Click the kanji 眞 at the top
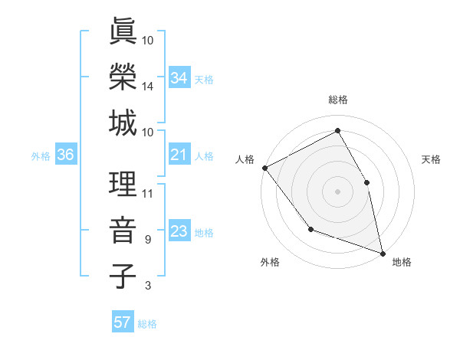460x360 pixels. click(x=122, y=31)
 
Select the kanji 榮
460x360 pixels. click(x=122, y=77)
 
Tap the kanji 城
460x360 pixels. click(x=122, y=123)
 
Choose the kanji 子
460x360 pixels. click(x=122, y=277)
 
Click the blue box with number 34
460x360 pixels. click(x=179, y=77)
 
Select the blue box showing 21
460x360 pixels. click(x=179, y=155)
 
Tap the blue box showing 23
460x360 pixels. click(x=179, y=231)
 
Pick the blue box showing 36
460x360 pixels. click(x=65, y=155)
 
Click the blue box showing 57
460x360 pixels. click(x=122, y=322)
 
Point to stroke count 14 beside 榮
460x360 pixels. click(x=148, y=87)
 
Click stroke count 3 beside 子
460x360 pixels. click(x=148, y=286)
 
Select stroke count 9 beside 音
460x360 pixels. click(x=148, y=240)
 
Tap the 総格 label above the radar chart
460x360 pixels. click(x=338, y=100)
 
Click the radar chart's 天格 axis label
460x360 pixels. click(x=431, y=159)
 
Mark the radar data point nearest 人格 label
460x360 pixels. click(x=264, y=167)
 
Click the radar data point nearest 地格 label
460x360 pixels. click(x=382, y=252)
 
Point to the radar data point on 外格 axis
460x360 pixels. click(x=310, y=229)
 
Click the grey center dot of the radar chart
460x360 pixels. click(x=337, y=191)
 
